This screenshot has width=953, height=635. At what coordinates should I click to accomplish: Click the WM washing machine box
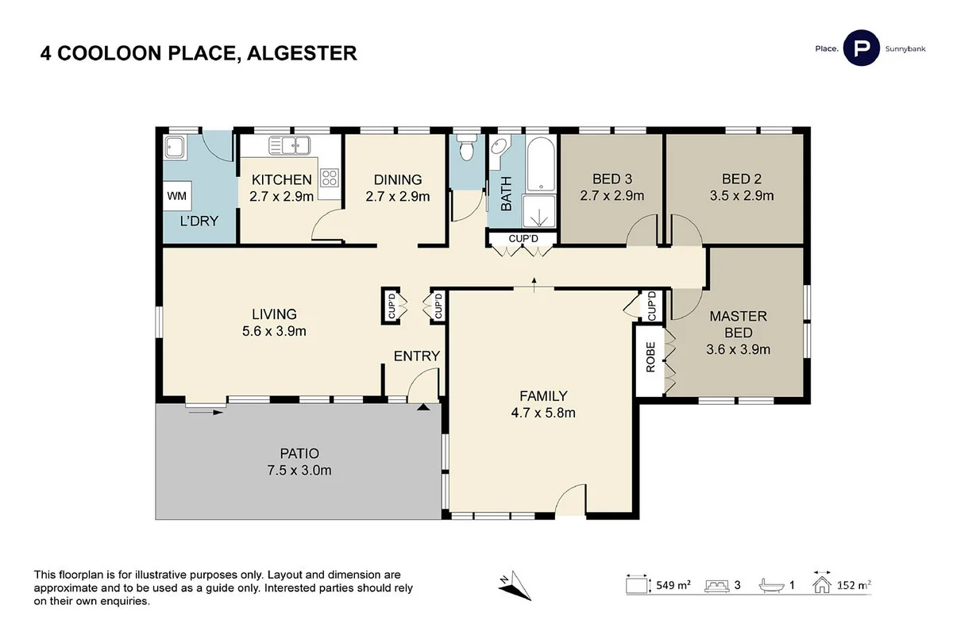[x=176, y=195]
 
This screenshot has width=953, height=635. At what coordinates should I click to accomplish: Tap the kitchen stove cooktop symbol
[x=329, y=178]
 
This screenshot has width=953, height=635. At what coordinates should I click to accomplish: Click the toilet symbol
[x=466, y=148]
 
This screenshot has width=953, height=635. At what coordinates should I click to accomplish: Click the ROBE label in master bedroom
[x=650, y=358]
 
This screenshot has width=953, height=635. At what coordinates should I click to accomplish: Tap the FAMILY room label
[x=543, y=395]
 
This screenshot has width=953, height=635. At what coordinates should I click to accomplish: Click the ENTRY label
[x=417, y=356]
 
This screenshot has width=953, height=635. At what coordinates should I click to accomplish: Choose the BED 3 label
[x=612, y=179]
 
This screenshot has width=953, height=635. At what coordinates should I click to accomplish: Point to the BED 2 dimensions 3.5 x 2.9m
[x=742, y=195]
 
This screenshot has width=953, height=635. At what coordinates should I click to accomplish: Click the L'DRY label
[x=199, y=221]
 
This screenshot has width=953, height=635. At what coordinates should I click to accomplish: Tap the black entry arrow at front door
[x=423, y=407]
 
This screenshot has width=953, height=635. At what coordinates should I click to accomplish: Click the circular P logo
[x=861, y=49]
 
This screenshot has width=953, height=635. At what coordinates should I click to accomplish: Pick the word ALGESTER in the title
[x=302, y=53]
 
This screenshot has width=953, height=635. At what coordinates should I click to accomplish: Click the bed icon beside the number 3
[x=717, y=586]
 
